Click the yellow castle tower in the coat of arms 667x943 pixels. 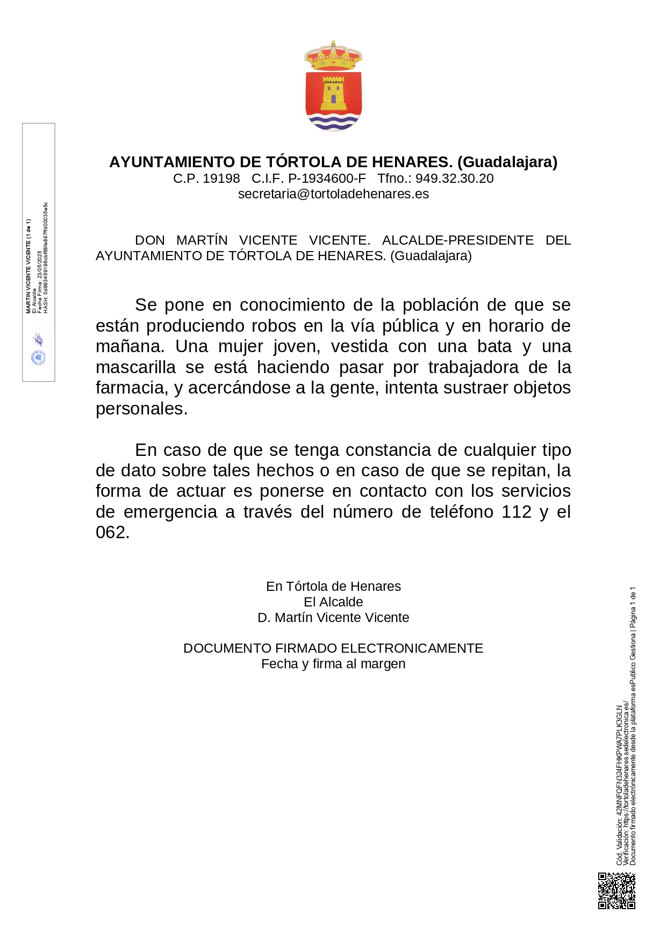coord(333,93)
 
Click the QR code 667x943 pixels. coord(616,891)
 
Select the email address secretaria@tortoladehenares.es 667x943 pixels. coord(333,194)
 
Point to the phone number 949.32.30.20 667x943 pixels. coord(454,178)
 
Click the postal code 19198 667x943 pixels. coord(221,178)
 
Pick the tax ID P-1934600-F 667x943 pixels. coord(327,178)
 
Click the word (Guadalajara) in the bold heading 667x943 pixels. coord(507,162)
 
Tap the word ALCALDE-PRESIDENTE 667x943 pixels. coord(458,240)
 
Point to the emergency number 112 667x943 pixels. coord(517,512)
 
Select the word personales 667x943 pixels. coord(141,409)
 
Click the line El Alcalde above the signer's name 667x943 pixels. coord(333,602)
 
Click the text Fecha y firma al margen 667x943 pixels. coord(333,664)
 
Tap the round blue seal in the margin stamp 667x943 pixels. coord(39,358)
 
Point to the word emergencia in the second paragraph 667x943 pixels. coord(170,512)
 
